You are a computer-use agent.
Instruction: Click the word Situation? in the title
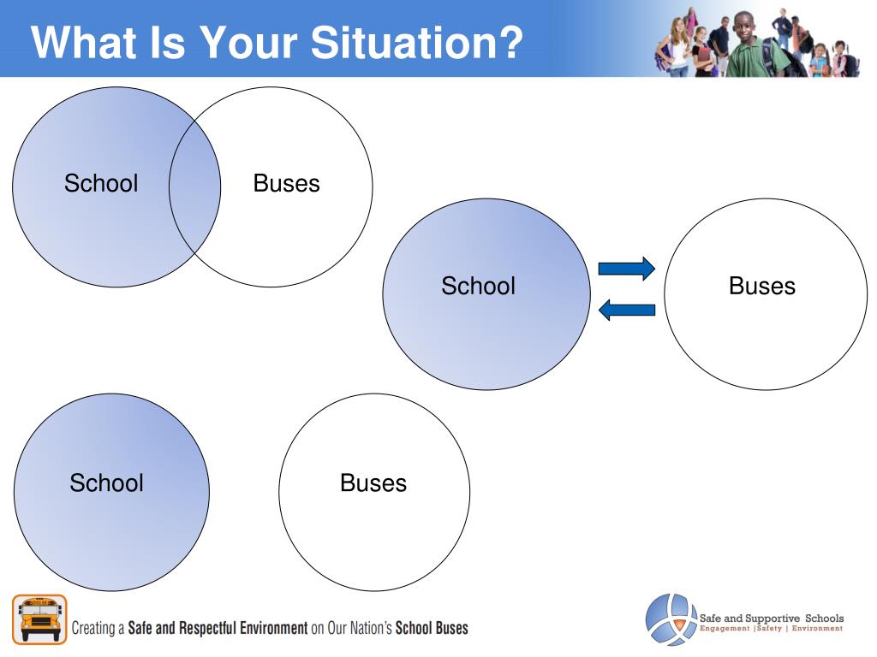pos(417,43)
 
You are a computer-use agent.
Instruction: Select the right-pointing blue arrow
pos(626,269)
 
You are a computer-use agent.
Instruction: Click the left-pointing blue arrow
pos(626,310)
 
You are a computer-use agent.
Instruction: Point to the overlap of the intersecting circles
pos(194,186)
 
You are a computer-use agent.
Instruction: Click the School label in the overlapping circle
pos(101,183)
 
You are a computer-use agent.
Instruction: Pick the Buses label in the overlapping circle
pos(286,183)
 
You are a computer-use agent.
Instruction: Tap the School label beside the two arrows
pos(478,286)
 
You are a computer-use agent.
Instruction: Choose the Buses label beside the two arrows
pos(761,286)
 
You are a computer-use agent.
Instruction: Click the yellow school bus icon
pos(39,619)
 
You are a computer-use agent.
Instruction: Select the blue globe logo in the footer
pos(671,619)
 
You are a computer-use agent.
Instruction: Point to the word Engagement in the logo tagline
pos(725,629)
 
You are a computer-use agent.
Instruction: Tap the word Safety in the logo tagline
pos(770,629)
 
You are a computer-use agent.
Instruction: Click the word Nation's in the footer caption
pos(371,628)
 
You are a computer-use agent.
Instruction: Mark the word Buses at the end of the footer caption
pos(452,628)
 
